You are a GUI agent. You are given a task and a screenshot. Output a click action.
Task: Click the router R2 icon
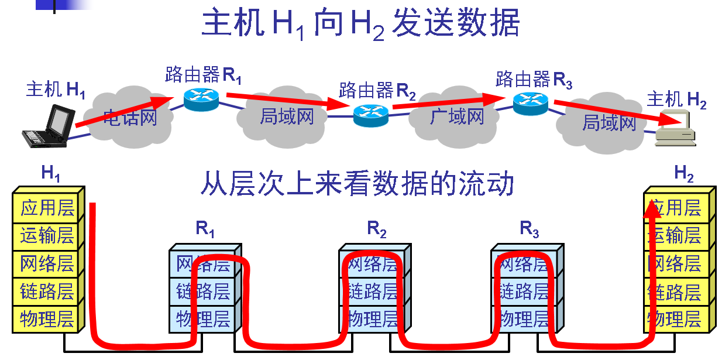[371, 114]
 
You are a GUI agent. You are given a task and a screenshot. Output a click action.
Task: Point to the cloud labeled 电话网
[130, 116]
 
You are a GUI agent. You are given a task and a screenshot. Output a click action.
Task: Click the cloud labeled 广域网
[456, 115]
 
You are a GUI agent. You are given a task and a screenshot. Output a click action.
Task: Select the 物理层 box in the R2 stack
[372, 320]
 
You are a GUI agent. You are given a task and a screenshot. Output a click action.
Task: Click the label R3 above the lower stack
[529, 230]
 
